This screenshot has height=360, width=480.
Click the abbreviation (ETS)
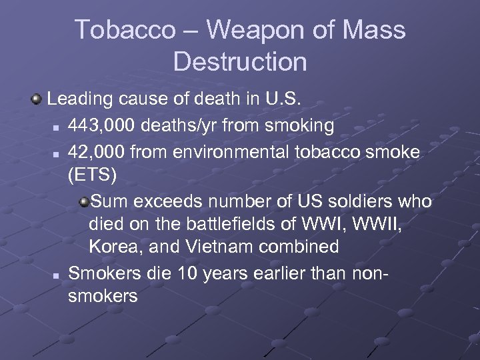(92, 176)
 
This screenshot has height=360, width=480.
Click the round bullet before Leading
(36, 101)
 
